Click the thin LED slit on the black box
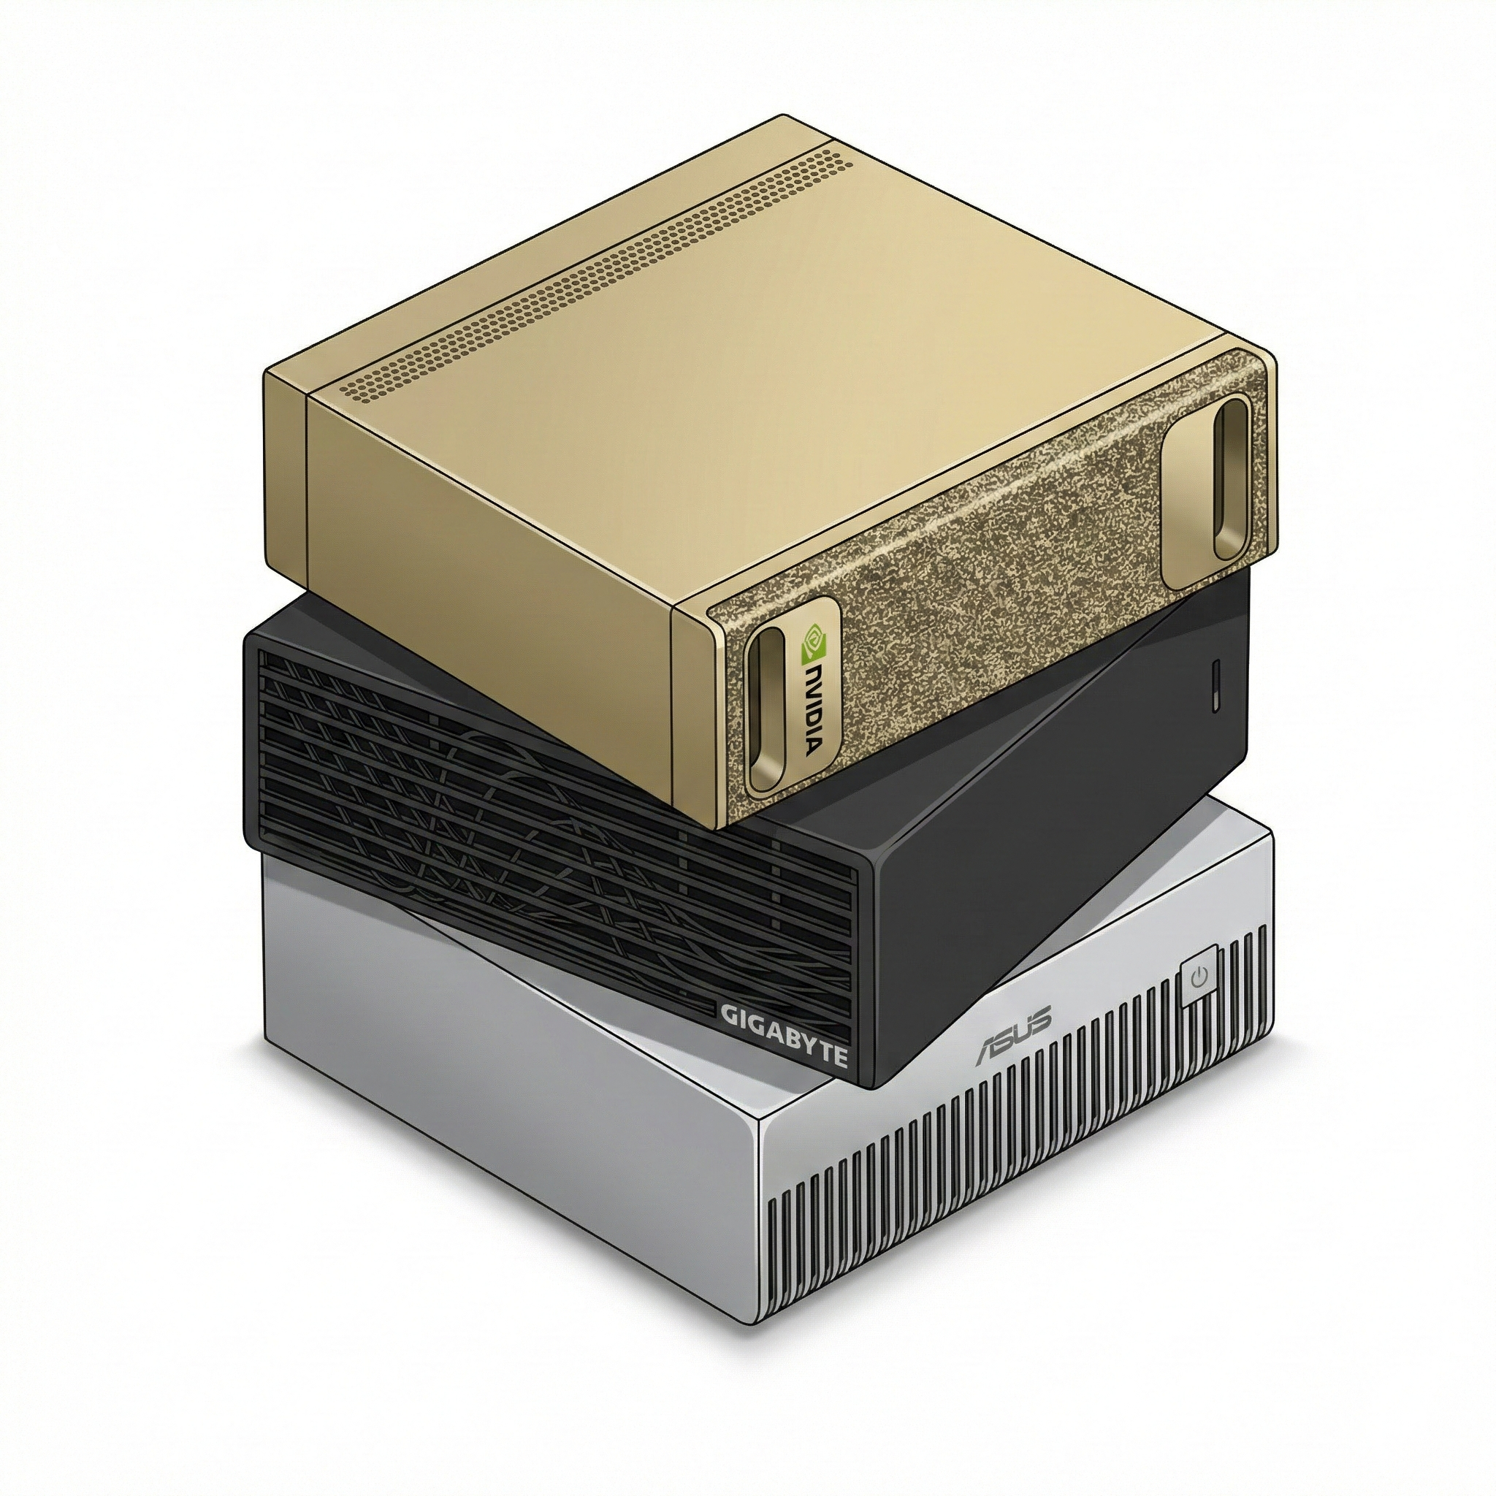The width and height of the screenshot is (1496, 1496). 1215,685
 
